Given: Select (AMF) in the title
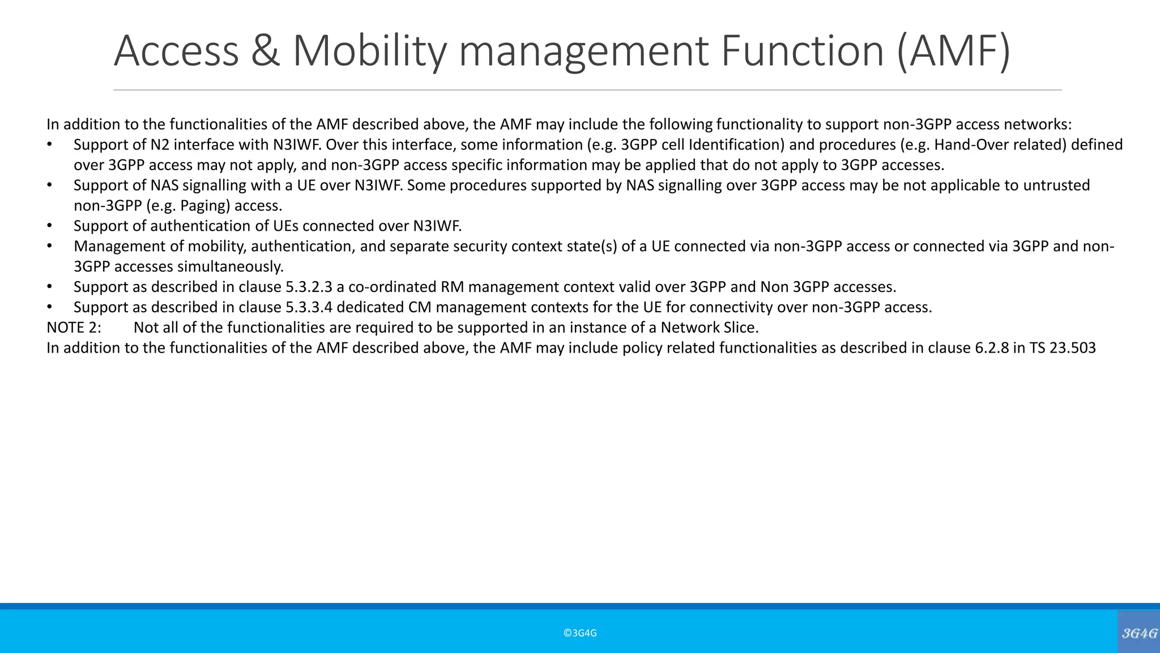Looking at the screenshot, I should (953, 51).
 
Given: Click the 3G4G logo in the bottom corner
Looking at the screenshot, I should (1139, 633).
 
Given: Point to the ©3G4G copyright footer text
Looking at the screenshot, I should (580, 633).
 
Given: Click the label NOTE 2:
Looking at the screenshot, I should (74, 328).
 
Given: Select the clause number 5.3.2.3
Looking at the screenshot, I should (309, 287).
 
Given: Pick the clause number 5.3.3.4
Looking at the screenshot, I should (309, 307).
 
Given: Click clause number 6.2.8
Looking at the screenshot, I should (991, 348).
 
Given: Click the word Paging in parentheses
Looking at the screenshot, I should (204, 206).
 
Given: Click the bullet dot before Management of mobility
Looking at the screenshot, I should (49, 246).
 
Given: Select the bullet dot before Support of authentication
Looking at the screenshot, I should (49, 226).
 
